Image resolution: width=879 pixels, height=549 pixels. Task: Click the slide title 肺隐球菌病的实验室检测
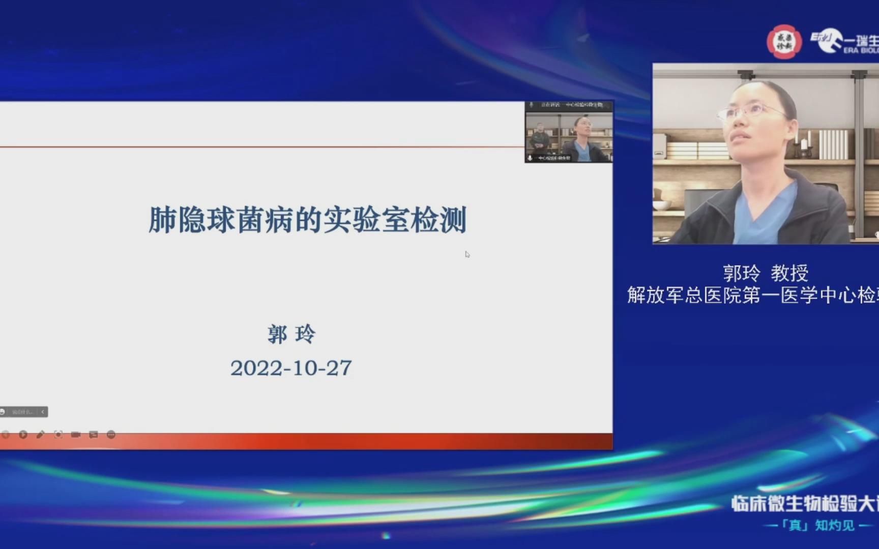(307, 220)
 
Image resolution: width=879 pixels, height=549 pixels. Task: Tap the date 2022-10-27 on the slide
(291, 368)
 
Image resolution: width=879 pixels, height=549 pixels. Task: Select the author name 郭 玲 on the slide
(291, 334)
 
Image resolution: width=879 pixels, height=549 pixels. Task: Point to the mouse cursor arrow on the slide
(467, 254)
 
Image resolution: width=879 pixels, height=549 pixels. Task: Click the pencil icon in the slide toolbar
(41, 435)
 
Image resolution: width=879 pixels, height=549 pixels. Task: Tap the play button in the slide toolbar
(23, 435)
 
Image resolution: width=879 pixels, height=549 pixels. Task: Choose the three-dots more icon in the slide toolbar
(111, 435)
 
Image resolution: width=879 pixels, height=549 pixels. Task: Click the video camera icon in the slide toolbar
(76, 435)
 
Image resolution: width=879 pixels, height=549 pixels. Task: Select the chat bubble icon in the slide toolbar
(94, 435)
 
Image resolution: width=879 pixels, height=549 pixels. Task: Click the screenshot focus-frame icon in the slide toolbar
(58, 435)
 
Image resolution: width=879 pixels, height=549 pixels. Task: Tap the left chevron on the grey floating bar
(43, 412)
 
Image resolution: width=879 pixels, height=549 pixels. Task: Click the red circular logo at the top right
(784, 42)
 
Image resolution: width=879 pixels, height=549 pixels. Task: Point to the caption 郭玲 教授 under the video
(766, 273)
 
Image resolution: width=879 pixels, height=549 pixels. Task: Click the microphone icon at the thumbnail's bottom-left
(530, 158)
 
